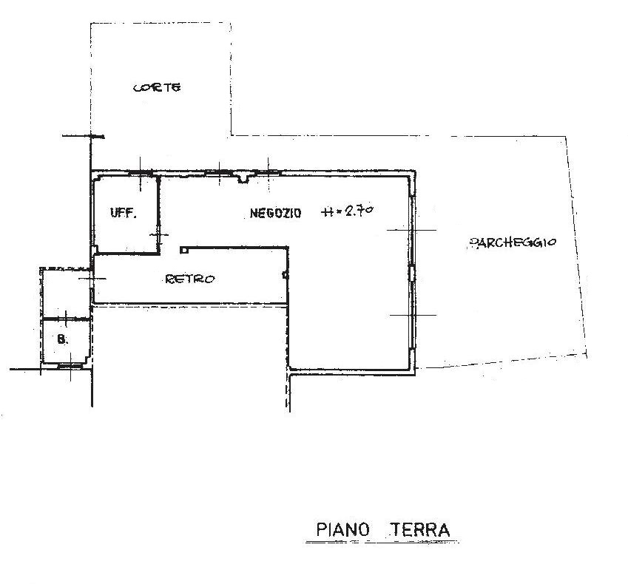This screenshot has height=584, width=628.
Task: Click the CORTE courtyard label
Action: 157,87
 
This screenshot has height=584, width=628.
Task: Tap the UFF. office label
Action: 124,213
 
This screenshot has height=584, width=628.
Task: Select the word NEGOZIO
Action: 275,213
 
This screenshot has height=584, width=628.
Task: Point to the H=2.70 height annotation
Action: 348,211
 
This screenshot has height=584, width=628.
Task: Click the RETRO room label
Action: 190,279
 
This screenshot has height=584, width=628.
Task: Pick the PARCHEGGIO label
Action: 513,242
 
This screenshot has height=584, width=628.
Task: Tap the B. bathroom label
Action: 63,339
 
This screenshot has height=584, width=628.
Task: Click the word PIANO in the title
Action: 342,529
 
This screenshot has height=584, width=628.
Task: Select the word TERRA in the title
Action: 420,529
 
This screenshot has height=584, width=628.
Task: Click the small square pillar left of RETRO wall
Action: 184,250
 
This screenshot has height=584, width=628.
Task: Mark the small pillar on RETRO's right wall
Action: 286,275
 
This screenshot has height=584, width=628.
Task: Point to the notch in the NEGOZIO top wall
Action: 243,178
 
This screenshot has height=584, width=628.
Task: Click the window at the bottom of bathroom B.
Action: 70,365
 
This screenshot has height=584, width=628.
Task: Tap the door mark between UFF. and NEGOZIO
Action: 159,235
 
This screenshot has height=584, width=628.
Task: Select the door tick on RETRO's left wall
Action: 92,279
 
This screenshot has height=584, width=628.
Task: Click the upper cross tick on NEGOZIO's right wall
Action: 412,230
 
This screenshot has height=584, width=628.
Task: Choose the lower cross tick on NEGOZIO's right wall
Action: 413,316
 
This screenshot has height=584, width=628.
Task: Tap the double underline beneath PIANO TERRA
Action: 382,542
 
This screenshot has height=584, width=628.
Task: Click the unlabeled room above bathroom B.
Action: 66,293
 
